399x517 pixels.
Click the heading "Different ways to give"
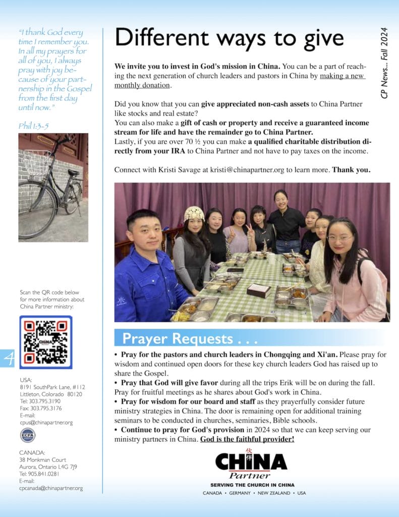tap(229, 38)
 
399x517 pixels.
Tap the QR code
tap(45, 342)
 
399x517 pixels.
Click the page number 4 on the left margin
tap(9, 357)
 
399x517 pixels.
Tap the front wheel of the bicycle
tap(36, 210)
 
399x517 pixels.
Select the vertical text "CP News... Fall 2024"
tap(384, 63)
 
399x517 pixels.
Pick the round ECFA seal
tap(28, 435)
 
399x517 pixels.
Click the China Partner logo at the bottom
tap(251, 464)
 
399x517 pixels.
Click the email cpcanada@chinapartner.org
tap(51, 488)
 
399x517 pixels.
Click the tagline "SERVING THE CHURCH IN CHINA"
tap(252, 485)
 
